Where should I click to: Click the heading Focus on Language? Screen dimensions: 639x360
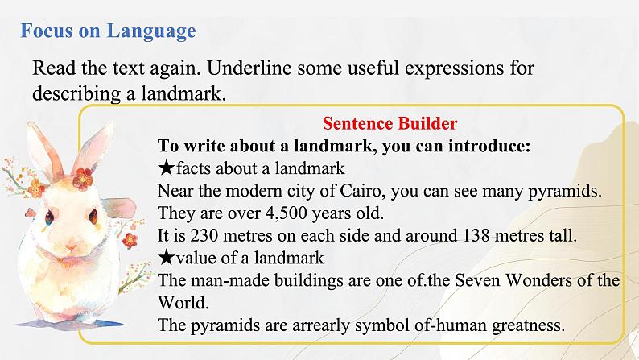108,31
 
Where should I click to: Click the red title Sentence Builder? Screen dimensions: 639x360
390,123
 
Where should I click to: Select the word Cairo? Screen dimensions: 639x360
362,191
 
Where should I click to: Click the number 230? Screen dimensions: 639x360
204,236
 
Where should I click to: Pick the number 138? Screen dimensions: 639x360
476,236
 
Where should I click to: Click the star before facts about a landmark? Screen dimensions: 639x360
167,168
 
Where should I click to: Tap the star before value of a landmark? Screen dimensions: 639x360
167,258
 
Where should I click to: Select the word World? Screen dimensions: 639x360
183,303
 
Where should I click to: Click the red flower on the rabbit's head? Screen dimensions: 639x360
83,179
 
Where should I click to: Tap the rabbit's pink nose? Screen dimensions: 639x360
71,247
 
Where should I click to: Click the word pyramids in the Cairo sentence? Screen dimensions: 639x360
564,191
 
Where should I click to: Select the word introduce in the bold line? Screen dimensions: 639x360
489,146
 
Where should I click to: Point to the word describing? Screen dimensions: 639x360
76,94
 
